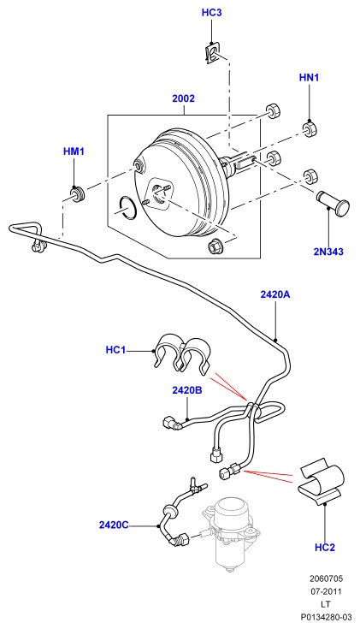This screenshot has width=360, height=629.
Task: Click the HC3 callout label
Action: pos(211,13)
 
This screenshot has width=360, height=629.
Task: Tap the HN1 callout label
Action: pos(309,77)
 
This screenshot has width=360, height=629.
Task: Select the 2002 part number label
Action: pos(183,98)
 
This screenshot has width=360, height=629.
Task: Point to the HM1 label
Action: pos(74,151)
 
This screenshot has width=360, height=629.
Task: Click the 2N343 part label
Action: pos(328,252)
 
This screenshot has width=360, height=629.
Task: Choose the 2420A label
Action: pos(275,294)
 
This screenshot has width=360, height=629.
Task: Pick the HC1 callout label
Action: pos(115,350)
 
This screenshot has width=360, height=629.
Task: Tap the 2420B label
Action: pos(187,390)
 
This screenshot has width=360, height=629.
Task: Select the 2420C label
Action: pos(114,525)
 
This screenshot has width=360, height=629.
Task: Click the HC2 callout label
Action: pos(325,547)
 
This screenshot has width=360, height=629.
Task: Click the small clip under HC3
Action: pos(211,54)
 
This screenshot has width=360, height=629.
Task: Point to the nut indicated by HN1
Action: pos(309,129)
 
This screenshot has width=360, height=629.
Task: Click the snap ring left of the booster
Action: pos(128,208)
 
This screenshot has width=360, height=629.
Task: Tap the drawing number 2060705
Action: pos(326,579)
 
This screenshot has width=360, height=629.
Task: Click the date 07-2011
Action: pos(326,591)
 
